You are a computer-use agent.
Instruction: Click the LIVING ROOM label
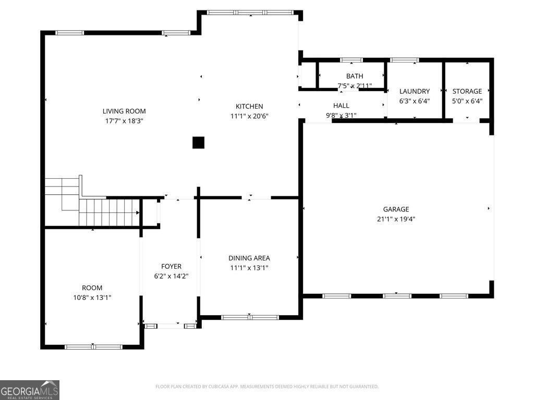pos(124,111)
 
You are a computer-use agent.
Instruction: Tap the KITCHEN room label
pos(249,106)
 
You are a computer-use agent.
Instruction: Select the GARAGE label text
pos(396,209)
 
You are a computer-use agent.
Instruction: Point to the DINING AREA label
pos(249,258)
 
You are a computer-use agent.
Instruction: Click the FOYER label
pos(171,266)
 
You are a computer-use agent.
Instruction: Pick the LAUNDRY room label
pos(415,91)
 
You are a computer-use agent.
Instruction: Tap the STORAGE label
pos(467,91)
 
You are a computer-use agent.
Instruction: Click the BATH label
pos(355,76)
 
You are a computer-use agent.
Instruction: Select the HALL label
pos(341,105)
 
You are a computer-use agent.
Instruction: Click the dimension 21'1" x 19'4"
pos(396,219)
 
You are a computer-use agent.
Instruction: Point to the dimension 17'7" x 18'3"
pos(124,121)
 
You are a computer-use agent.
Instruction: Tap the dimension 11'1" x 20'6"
pos(249,116)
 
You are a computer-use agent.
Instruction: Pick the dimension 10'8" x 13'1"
pos(92,297)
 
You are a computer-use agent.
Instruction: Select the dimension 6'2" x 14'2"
pos(171,276)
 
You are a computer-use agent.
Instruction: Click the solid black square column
pos(198,143)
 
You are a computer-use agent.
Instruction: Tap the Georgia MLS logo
pos(30,390)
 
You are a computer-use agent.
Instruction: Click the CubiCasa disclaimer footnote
pos(266,386)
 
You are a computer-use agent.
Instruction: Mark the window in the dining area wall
pos(250,318)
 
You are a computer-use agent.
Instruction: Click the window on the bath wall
pos(351,60)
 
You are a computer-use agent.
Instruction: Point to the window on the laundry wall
pos(404,60)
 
